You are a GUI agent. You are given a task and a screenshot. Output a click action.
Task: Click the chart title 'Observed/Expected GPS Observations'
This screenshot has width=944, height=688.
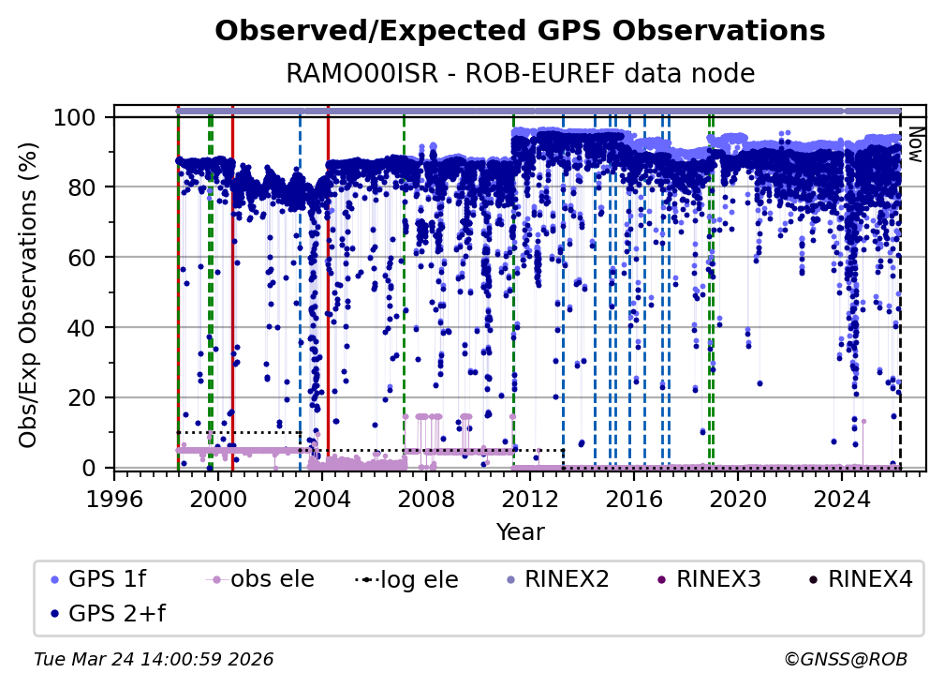point(520,32)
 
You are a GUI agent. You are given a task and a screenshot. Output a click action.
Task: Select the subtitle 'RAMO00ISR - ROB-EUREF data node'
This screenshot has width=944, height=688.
point(520,73)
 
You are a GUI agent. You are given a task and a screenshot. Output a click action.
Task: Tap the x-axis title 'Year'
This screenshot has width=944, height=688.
point(520,532)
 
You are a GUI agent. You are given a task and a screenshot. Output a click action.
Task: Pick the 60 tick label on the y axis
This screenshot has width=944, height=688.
point(85,257)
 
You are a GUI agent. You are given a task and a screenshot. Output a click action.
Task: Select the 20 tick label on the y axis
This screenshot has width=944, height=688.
point(85,397)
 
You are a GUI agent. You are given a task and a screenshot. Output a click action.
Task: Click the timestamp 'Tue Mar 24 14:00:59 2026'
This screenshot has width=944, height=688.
point(154,660)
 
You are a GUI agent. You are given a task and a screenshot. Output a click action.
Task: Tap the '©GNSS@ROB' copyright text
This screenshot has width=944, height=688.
point(846,660)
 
